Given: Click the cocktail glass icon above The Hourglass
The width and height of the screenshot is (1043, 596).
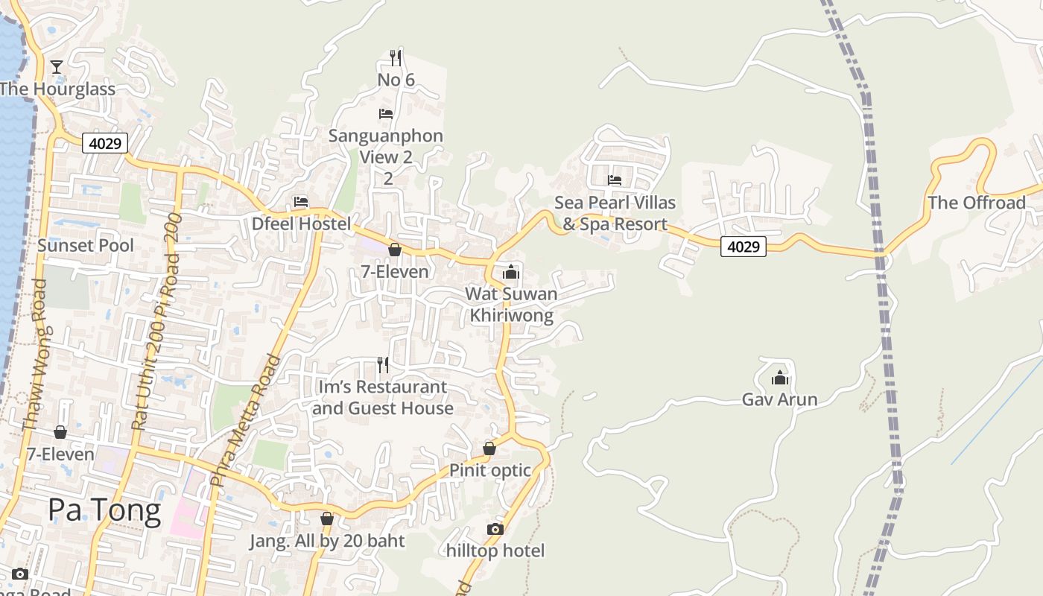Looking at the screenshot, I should tap(57, 67).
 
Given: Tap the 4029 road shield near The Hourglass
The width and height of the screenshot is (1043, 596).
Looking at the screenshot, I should tap(105, 143).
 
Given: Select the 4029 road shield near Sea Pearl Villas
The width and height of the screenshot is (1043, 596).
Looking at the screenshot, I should tap(744, 246).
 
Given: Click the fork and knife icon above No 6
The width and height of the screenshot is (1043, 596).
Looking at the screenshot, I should tap(396, 57).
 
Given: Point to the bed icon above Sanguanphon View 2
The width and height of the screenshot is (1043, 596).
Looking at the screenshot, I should tap(386, 114).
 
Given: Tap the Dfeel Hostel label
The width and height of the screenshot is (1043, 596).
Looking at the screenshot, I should tap(301, 223).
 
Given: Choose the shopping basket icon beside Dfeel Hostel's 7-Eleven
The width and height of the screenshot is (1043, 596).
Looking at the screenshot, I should tap(395, 250).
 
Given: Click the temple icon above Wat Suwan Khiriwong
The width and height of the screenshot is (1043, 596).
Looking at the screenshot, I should tap(510, 272).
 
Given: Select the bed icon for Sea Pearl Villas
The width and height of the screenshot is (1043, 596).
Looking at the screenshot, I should tap(615, 180).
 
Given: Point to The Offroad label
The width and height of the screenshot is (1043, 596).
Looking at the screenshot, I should tap(977, 203).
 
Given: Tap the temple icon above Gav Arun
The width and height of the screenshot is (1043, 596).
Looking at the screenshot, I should tap(780, 378).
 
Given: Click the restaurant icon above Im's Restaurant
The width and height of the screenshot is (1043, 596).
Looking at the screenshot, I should tap(383, 365).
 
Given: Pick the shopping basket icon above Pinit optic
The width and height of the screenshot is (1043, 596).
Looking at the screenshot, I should tap(489, 448).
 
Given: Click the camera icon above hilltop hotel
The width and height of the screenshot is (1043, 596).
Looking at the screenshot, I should tap(495, 530).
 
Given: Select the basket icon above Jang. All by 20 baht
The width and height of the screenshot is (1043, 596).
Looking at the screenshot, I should tap(326, 519).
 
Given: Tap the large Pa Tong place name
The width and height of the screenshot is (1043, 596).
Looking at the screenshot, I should tap(104, 511).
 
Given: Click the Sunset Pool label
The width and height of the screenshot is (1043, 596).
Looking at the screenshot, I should tap(86, 246).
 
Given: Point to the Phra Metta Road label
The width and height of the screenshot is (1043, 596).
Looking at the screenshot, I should tap(246, 420).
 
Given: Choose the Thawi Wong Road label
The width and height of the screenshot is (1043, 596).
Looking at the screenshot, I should tap(34, 355).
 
